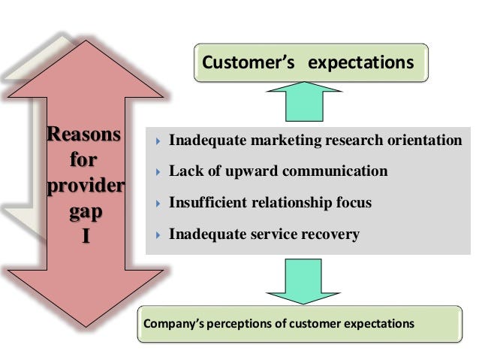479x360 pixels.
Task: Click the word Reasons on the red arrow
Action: point(83,136)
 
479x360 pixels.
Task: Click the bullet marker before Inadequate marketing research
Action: point(157,141)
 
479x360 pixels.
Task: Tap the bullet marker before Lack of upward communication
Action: point(157,172)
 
